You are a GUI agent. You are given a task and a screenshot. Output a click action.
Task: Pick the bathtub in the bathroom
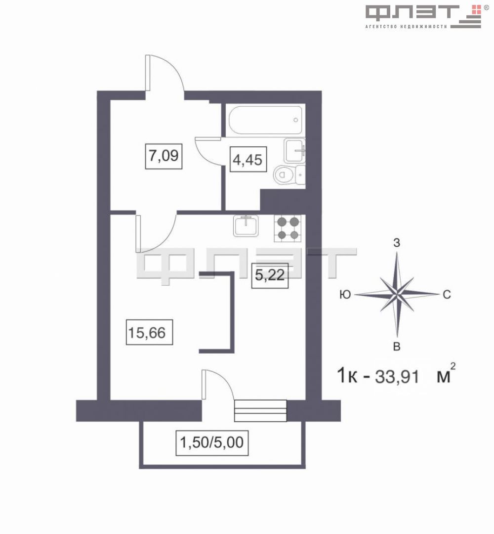point(265,120)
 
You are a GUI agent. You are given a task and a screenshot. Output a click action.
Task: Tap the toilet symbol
point(286,175)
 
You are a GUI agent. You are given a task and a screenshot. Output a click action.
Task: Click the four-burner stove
point(288,228)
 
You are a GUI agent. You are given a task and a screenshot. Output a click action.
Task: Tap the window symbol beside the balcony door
point(260,410)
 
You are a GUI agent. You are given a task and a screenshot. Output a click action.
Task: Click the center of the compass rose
point(397,294)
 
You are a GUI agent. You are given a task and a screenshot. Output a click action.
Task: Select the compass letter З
point(396,243)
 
